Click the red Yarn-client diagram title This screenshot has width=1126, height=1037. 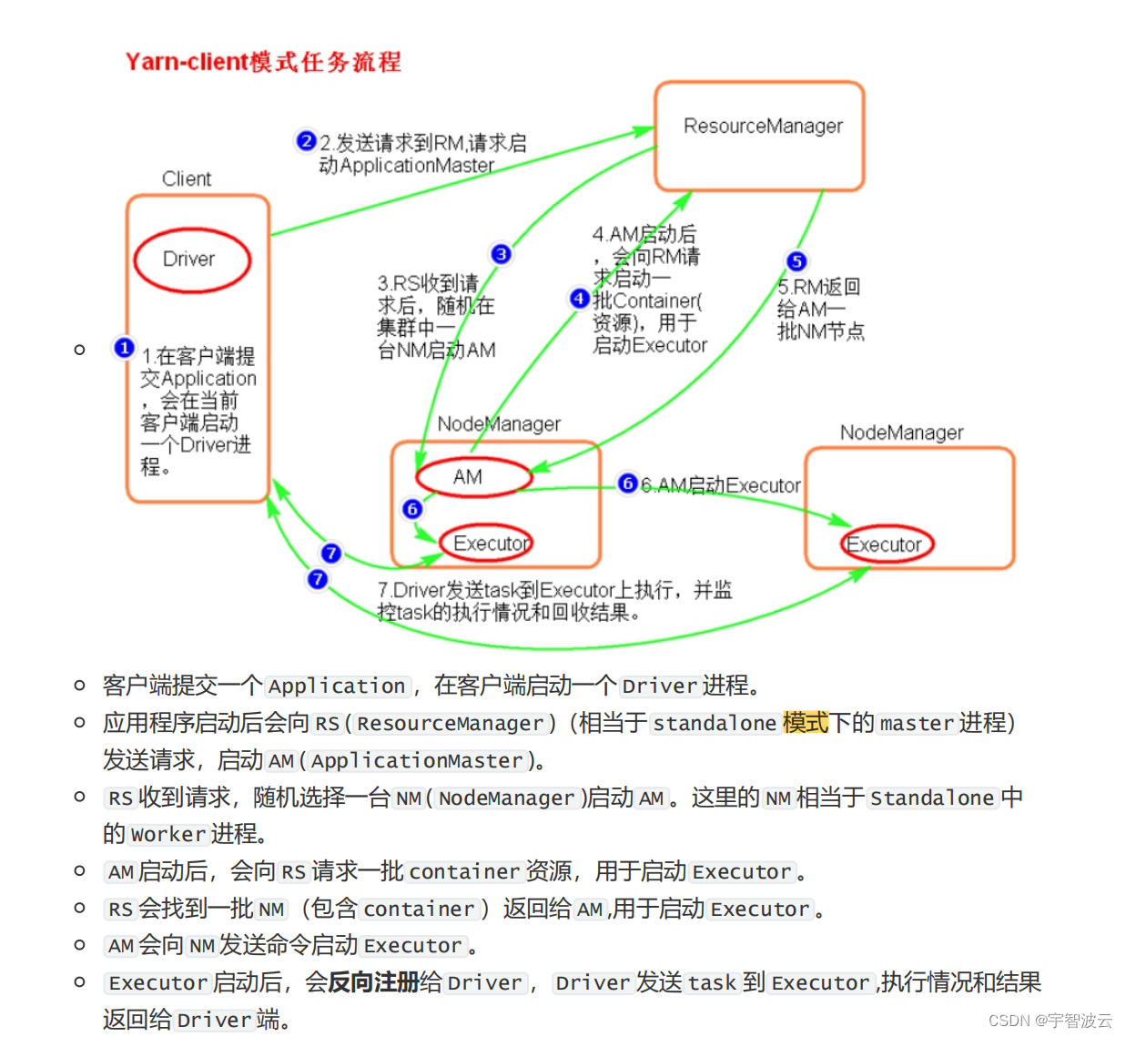pyautogui.click(x=263, y=61)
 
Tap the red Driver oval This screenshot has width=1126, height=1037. pyautogui.click(x=192, y=259)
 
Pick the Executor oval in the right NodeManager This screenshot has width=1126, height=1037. pyautogui.click(x=886, y=544)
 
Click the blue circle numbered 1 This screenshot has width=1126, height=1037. pyautogui.click(x=125, y=348)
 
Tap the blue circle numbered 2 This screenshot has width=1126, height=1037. pyautogui.click(x=306, y=141)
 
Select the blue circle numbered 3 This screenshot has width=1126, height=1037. pyautogui.click(x=501, y=254)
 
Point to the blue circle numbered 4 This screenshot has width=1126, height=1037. pyautogui.click(x=579, y=298)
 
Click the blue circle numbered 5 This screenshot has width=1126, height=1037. pyautogui.click(x=796, y=261)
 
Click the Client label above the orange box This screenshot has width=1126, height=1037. pyautogui.click(x=187, y=178)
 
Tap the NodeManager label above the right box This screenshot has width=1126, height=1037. pyautogui.click(x=901, y=432)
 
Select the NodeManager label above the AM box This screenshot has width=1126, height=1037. pyautogui.click(x=499, y=423)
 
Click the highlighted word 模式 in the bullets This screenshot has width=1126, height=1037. pyautogui.click(x=806, y=723)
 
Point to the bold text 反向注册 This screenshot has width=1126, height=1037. pyautogui.click(x=373, y=982)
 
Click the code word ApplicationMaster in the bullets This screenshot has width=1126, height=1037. pyautogui.click(x=417, y=760)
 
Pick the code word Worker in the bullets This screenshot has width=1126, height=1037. pyautogui.click(x=168, y=834)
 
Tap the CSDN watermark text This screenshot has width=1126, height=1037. pyautogui.click(x=1050, y=1020)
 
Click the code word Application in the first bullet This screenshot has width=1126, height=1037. pyautogui.click(x=337, y=686)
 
